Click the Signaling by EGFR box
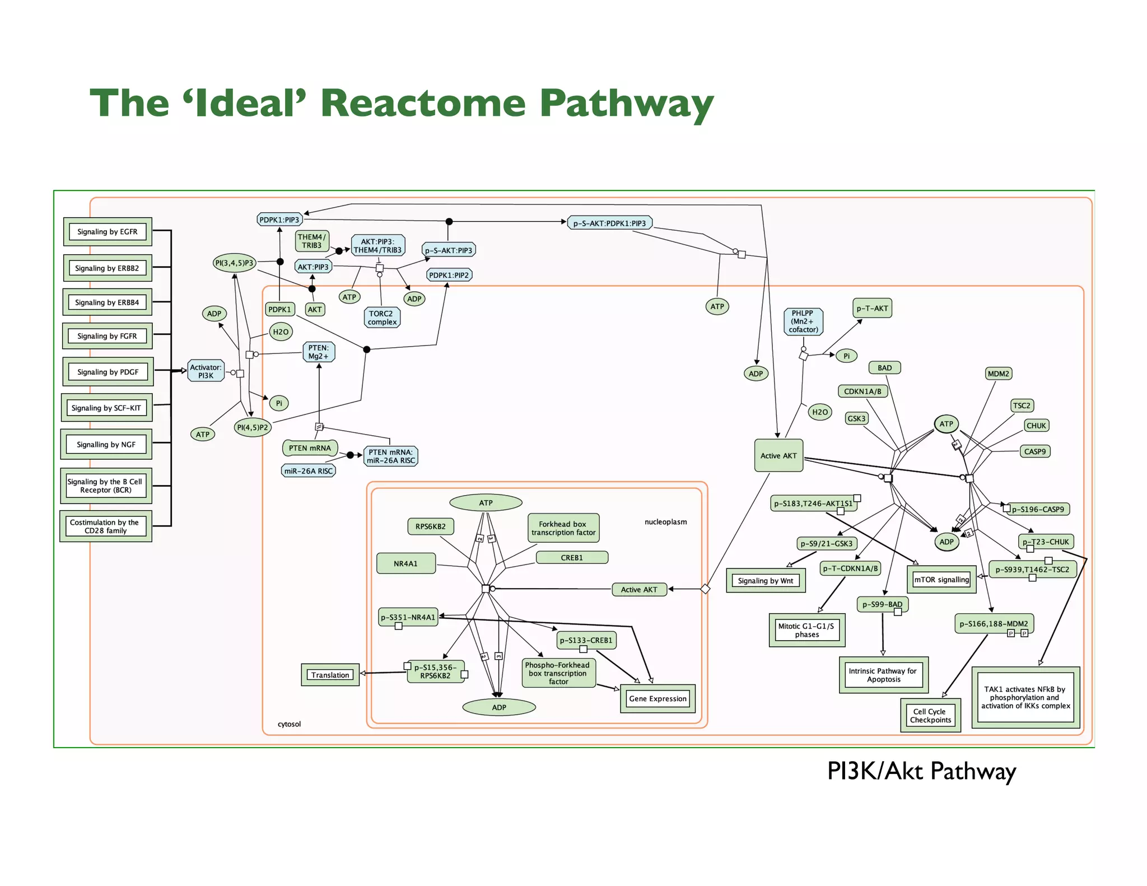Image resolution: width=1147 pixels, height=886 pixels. click(x=107, y=232)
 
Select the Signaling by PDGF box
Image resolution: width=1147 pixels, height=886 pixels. click(x=108, y=372)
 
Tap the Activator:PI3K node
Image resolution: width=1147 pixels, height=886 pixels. click(x=206, y=371)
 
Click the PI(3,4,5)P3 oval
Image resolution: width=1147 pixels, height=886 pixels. click(x=234, y=263)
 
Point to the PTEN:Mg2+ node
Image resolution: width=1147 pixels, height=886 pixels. click(x=318, y=352)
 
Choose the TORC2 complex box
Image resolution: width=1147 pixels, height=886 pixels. click(x=382, y=318)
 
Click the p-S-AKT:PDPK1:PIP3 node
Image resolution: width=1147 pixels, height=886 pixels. click(x=609, y=223)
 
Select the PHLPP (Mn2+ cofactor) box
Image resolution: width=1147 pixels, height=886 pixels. click(x=803, y=321)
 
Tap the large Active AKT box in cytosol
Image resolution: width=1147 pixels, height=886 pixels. click(x=778, y=455)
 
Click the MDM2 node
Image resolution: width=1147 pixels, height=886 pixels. click(x=998, y=374)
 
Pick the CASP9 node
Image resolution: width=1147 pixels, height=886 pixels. click(x=1034, y=451)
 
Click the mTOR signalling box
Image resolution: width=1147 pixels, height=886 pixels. click(x=941, y=580)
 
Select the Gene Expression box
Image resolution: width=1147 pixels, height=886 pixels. click(x=658, y=698)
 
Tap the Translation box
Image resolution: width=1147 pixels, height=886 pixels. click(x=330, y=675)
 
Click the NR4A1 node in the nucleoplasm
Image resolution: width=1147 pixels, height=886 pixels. click(x=405, y=563)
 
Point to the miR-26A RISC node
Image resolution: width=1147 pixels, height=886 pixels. click(x=308, y=471)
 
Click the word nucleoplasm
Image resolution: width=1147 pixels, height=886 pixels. click(x=665, y=522)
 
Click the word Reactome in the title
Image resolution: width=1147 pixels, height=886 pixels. click(x=423, y=104)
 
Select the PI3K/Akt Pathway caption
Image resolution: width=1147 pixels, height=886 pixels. click(x=921, y=771)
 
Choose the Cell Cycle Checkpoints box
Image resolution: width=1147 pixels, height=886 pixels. click(x=930, y=716)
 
